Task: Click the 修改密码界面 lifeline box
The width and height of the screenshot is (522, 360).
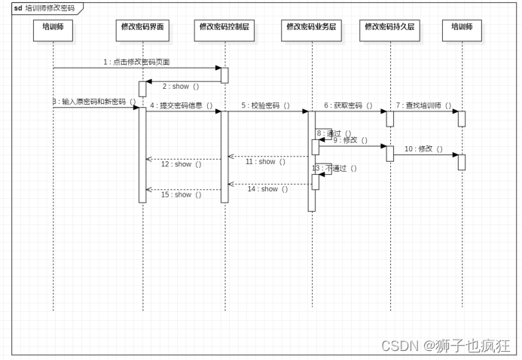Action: tap(142, 26)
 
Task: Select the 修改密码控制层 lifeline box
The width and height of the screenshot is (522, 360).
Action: tap(224, 26)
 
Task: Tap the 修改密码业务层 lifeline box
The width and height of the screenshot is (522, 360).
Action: tap(311, 26)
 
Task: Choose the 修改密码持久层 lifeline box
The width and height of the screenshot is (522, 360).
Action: tap(389, 26)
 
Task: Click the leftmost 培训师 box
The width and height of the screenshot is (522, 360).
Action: tap(53, 26)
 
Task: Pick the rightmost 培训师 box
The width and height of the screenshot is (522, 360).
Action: tap(462, 26)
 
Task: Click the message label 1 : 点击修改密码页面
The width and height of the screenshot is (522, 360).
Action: tap(142, 61)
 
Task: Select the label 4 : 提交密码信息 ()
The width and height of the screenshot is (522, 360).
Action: tap(181, 105)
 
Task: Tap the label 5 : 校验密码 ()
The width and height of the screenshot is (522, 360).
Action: tap(266, 105)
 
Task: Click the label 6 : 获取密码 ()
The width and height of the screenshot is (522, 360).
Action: tap(348, 105)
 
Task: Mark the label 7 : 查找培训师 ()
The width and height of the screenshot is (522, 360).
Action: tap(423, 105)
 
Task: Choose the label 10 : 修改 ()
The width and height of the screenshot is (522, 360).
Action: tap(423, 148)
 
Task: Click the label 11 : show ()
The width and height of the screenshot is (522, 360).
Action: tap(265, 161)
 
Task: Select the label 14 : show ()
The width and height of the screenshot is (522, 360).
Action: tap(267, 189)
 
